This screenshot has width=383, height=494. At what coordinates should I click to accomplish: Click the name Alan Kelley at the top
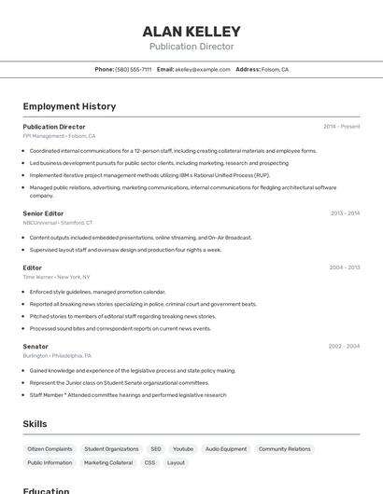click(x=191, y=32)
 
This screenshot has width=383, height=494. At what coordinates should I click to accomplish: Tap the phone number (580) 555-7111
click(x=134, y=69)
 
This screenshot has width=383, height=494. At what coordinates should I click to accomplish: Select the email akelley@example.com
click(x=203, y=69)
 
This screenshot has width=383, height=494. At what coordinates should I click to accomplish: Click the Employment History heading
click(x=69, y=106)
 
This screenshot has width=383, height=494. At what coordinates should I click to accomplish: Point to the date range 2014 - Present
click(x=341, y=127)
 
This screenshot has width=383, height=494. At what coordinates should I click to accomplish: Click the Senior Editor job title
click(x=44, y=213)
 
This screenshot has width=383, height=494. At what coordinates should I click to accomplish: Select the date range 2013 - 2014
click(x=345, y=213)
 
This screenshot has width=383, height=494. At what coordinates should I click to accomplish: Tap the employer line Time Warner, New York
click(x=56, y=277)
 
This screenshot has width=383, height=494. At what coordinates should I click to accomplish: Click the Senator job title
click(x=35, y=346)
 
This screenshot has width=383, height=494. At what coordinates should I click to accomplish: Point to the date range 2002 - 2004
click(x=344, y=346)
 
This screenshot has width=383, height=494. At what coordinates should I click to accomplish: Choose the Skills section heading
click(x=35, y=424)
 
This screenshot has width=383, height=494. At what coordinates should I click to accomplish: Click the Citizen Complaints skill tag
click(x=50, y=448)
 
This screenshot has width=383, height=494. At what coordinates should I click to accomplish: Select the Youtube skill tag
click(x=183, y=448)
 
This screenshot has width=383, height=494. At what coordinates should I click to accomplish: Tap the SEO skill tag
click(x=155, y=448)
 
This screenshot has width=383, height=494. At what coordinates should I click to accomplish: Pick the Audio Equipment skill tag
click(x=226, y=448)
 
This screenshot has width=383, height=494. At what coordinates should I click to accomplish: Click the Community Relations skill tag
click(x=284, y=448)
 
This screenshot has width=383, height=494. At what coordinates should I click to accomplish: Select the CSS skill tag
click(x=149, y=462)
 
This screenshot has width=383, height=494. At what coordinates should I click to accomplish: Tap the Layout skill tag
click(x=176, y=462)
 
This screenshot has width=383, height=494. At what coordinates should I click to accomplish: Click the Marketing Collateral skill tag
click(x=108, y=462)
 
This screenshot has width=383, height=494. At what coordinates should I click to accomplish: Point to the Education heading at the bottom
click(x=46, y=490)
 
